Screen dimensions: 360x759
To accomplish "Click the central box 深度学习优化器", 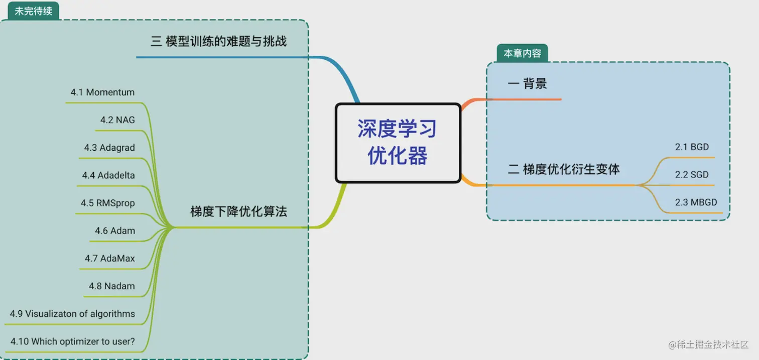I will (x=398, y=143).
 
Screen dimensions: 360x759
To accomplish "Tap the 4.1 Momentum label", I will (x=102, y=92).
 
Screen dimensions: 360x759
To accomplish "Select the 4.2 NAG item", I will (x=117, y=120).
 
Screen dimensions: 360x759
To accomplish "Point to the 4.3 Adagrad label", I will (x=109, y=148).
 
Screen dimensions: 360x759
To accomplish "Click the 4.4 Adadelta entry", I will (x=108, y=175).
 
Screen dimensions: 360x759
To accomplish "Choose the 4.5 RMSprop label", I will (x=108, y=203).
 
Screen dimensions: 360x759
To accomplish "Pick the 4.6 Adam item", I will (x=115, y=231).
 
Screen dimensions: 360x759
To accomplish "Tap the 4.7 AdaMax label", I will (x=110, y=259).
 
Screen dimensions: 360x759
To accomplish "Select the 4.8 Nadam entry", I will (x=112, y=286).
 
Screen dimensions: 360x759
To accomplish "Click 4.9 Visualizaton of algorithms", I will (x=72, y=314).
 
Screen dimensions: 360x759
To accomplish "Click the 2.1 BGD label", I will (x=692, y=147).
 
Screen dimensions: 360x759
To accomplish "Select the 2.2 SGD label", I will (x=692, y=175).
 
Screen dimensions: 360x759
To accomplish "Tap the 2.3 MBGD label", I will (x=696, y=202).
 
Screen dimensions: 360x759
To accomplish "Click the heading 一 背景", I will (x=527, y=84).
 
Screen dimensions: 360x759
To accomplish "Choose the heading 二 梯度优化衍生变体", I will (x=564, y=169).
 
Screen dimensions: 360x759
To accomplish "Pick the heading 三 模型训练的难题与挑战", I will (x=218, y=41).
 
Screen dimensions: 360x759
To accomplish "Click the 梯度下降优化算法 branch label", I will (x=238, y=211).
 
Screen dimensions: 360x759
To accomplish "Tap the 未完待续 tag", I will (x=33, y=11).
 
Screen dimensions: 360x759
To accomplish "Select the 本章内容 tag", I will (x=522, y=53).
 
